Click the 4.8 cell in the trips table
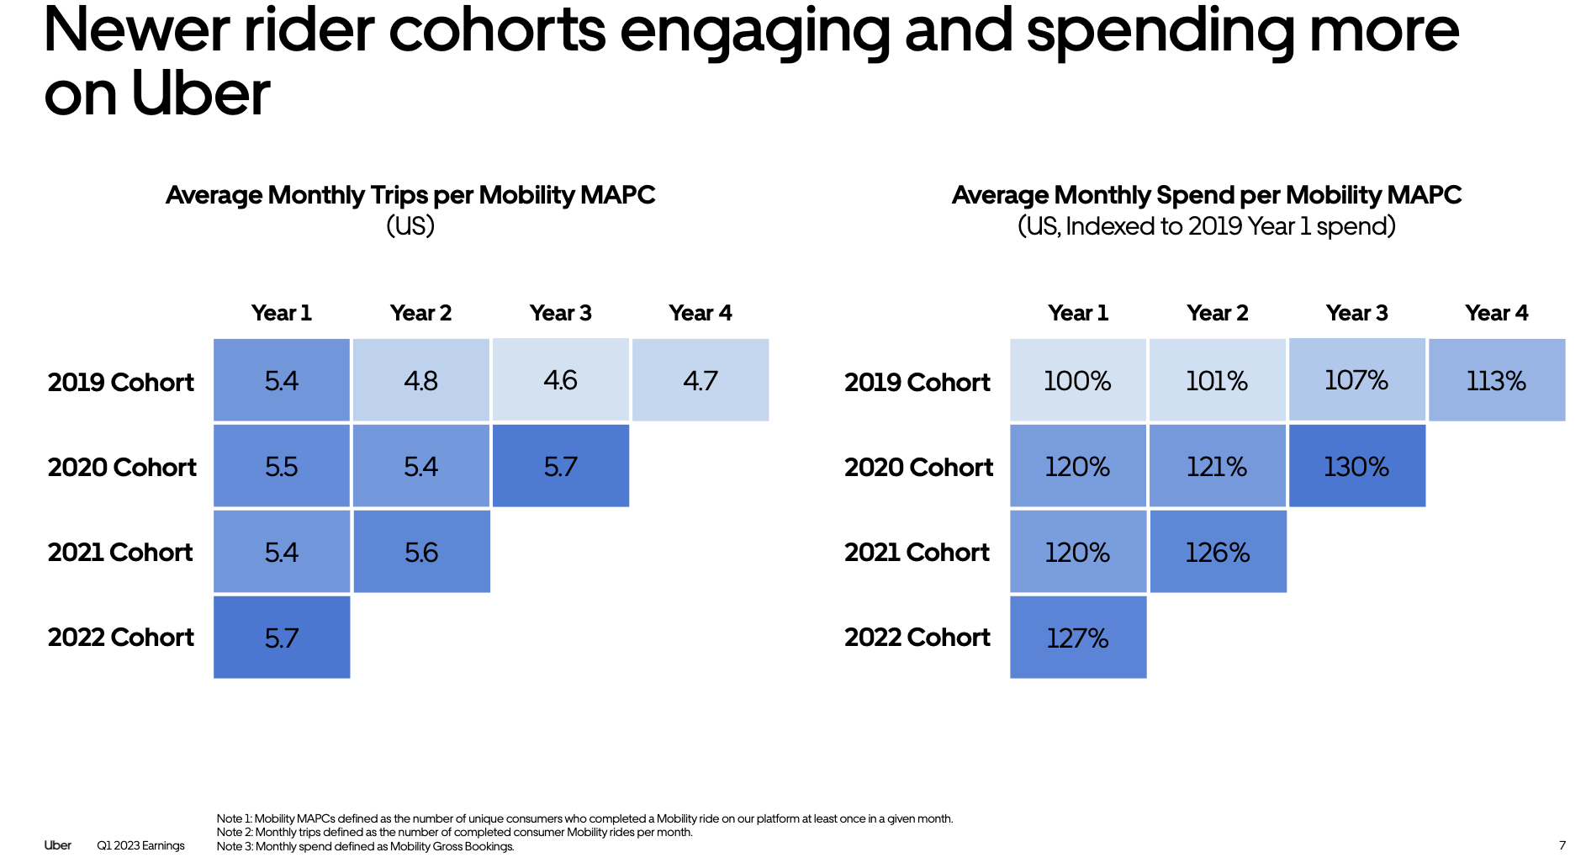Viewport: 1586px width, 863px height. point(420,380)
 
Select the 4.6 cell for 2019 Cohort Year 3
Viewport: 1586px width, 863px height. point(560,380)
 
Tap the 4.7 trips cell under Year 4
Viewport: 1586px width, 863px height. point(700,380)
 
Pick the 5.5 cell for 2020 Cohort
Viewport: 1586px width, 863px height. point(282,466)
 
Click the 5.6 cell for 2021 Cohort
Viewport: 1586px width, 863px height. point(420,552)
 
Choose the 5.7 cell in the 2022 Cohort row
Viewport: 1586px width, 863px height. point(282,638)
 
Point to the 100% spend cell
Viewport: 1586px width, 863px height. point(1077,380)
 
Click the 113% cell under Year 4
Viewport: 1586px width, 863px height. point(1496,380)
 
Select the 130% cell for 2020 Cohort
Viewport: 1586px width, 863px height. point(1356,466)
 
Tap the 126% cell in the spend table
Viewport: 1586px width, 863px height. point(1217,552)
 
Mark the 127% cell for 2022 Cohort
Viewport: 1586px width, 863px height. point(1077,638)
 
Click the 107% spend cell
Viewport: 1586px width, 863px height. point(1356,380)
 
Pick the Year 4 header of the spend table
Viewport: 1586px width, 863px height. point(1496,313)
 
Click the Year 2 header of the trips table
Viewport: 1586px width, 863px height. point(420,313)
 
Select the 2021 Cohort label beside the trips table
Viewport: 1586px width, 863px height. point(120,552)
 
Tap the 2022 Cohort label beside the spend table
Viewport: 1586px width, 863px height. point(917,638)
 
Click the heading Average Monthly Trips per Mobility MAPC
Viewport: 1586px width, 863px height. point(410,195)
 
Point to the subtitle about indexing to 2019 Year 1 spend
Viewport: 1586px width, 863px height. point(1206,226)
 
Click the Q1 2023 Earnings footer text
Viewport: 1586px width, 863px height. point(140,845)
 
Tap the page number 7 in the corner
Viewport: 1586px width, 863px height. point(1562,845)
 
